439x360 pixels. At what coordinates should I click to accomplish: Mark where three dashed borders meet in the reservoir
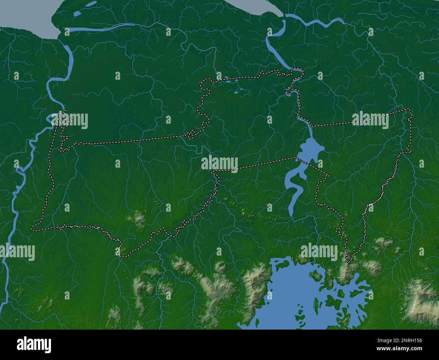(x=296, y=158)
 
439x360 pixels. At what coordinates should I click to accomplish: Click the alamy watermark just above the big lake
(x=318, y=252)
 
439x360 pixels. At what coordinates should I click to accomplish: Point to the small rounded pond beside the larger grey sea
(x=77, y=13)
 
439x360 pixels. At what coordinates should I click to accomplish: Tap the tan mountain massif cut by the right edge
(x=424, y=297)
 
